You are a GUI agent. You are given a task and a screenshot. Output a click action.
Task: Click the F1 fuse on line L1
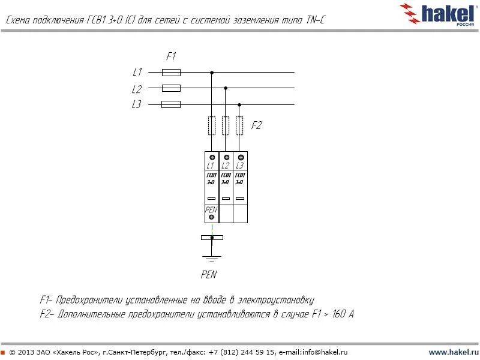click(172, 73)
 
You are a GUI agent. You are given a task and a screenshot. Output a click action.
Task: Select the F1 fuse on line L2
click(172, 88)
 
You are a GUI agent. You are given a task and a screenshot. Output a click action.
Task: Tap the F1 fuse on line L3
click(172, 104)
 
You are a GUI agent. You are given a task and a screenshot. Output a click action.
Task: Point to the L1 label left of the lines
click(137, 72)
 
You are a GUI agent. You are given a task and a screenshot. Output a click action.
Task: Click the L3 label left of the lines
click(137, 104)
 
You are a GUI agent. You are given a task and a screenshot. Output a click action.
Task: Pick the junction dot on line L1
click(211, 73)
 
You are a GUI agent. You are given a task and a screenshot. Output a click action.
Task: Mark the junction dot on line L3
click(239, 104)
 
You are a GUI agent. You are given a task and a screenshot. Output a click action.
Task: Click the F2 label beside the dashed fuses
click(256, 126)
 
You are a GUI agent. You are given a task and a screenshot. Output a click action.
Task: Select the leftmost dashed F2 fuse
click(211, 125)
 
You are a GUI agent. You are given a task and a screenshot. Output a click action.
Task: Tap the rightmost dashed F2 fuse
click(239, 125)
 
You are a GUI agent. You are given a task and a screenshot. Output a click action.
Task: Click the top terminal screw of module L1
click(212, 157)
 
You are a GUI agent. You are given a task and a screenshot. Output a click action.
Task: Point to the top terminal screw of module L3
click(240, 157)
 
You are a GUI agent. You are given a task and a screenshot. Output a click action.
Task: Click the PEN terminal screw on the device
click(212, 217)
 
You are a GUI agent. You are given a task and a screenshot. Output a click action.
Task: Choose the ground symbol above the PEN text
click(211, 259)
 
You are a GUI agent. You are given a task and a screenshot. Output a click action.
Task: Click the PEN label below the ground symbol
click(209, 275)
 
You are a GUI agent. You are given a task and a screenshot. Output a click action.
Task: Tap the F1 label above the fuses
click(171, 56)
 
